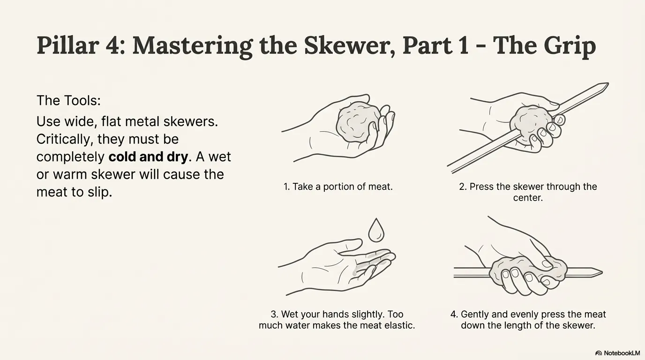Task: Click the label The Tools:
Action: click(x=68, y=100)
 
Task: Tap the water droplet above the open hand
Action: click(x=376, y=230)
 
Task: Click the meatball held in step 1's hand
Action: click(x=358, y=123)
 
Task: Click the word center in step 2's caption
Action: click(x=528, y=198)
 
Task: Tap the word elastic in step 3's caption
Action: click(x=399, y=325)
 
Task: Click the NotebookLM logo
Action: click(x=618, y=353)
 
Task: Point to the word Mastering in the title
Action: click(x=192, y=46)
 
